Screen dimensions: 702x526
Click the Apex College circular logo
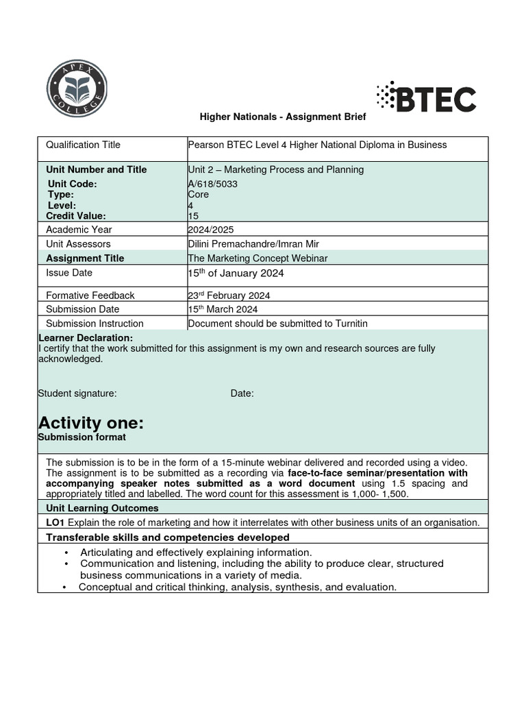pyautogui.click(x=77, y=88)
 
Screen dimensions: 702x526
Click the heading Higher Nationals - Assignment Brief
pyautogui.click(x=283, y=117)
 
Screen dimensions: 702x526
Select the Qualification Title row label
pyautogui.click(x=83, y=145)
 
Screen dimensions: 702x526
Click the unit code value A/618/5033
pyautogui.click(x=213, y=184)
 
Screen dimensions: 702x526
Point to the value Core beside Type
pyautogui.click(x=199, y=195)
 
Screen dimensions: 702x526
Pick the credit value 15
pyautogui.click(x=193, y=216)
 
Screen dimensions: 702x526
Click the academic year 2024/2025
pyautogui.click(x=211, y=230)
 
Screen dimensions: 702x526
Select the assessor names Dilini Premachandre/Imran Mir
pyautogui.click(x=253, y=244)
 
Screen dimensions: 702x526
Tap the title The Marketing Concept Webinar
pyautogui.click(x=258, y=258)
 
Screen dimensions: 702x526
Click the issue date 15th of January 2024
pyautogui.click(x=236, y=274)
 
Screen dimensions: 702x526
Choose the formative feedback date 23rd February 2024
pyautogui.click(x=229, y=295)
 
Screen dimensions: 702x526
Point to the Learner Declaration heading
pyautogui.click(x=86, y=338)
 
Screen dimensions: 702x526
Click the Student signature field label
pyautogui.click(x=77, y=394)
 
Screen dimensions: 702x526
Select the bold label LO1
pyautogui.click(x=55, y=522)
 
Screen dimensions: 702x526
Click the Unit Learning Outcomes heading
pyautogui.click(x=102, y=508)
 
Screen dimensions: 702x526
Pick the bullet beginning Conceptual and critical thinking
pyautogui.click(x=238, y=587)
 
